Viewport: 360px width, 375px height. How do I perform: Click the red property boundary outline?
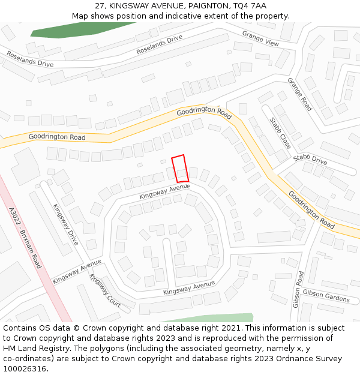point(180,169)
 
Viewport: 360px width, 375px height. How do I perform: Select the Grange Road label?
point(299,94)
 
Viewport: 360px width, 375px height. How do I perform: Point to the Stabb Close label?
point(280,133)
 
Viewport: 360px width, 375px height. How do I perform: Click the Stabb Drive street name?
point(310,161)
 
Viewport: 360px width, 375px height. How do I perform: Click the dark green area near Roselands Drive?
point(78,30)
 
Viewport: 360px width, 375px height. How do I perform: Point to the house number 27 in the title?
point(100,6)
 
